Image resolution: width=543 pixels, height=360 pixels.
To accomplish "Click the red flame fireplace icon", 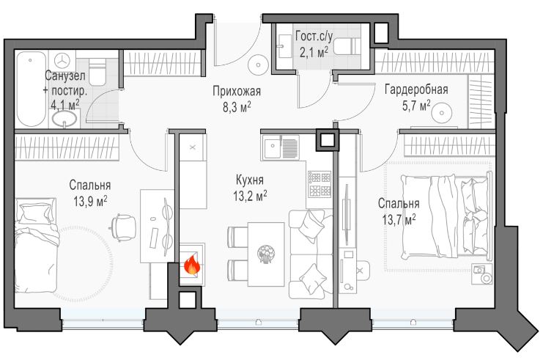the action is point(191,265).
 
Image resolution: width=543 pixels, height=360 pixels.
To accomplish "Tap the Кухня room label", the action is point(250,180).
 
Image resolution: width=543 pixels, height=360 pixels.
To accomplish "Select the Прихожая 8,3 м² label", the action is point(237,99).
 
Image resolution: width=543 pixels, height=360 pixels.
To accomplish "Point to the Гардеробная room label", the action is point(416,89).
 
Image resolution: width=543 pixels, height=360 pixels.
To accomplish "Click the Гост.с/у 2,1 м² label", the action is point(314,44).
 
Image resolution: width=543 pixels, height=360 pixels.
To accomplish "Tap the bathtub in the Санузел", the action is point(32,89).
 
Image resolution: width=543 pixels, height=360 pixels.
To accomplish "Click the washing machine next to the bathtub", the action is point(62,61).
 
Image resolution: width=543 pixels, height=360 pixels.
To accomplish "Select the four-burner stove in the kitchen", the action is point(319,185).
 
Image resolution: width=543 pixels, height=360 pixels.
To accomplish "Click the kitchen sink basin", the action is point(272,147).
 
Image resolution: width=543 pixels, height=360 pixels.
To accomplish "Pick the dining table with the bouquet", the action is point(266,254).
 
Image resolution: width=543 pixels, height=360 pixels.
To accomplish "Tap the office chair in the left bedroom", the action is point(123,227).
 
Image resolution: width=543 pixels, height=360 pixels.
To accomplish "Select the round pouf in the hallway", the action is point(259,65).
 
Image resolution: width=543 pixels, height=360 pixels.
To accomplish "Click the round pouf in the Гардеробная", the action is point(442,113).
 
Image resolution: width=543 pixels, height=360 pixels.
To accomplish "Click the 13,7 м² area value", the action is point(399,219).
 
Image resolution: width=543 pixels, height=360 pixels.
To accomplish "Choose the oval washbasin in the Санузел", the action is point(64,120).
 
